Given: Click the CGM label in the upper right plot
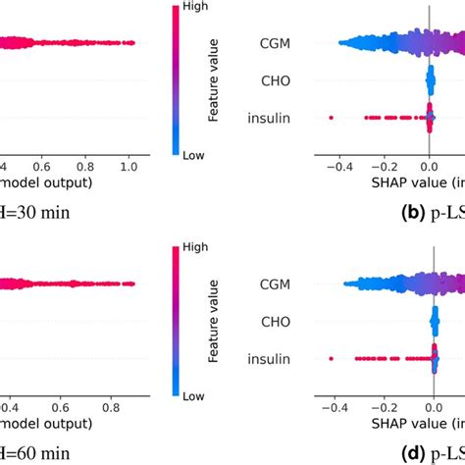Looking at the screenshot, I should [301, 42].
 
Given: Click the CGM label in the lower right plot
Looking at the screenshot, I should [301, 284].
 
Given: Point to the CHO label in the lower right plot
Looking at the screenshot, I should [301, 321].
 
